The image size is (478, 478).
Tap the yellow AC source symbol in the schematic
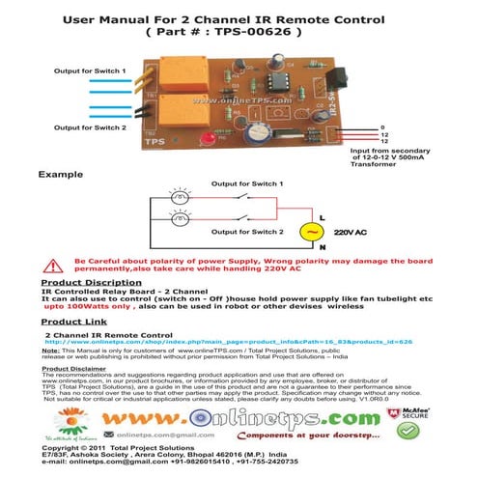(x=310, y=232)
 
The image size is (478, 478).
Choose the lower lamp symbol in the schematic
(x=181, y=232)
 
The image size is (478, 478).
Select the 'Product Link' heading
(x=74, y=322)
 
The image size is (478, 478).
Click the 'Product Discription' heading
(x=92, y=283)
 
